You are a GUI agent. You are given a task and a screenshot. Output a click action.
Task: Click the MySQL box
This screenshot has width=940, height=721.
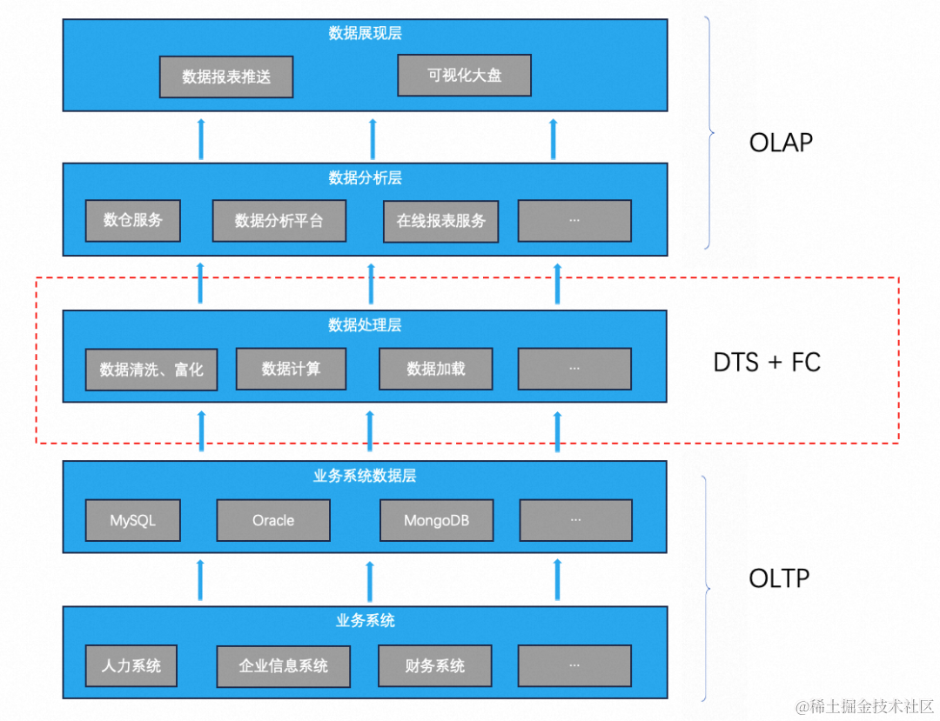pyautogui.click(x=132, y=520)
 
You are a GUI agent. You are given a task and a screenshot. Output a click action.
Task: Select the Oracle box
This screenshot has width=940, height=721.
pyautogui.click(x=273, y=520)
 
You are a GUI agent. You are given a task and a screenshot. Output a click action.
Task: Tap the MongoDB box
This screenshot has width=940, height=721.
pyautogui.click(x=436, y=520)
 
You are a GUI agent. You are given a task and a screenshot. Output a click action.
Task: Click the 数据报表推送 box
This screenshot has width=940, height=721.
pyautogui.click(x=226, y=77)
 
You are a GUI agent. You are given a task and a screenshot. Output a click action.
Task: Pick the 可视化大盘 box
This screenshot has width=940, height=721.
pyautogui.click(x=464, y=75)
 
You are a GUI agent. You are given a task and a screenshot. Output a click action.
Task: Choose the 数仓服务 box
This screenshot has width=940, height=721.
pyautogui.click(x=132, y=220)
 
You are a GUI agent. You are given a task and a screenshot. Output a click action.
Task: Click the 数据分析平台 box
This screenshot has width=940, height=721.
pyautogui.click(x=279, y=221)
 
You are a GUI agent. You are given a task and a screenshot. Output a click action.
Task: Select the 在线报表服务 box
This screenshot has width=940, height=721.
pyautogui.click(x=441, y=221)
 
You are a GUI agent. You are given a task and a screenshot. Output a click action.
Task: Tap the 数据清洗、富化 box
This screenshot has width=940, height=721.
pyautogui.click(x=151, y=370)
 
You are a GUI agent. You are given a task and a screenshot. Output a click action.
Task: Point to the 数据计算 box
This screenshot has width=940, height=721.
pyautogui.click(x=291, y=369)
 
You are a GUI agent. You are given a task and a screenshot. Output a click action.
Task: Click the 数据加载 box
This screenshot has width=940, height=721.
pyautogui.click(x=435, y=369)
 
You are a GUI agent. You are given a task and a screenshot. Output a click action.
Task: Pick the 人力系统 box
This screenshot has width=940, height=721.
pyautogui.click(x=131, y=666)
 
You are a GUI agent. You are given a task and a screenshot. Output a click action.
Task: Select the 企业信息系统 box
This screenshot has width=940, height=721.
pyautogui.click(x=283, y=666)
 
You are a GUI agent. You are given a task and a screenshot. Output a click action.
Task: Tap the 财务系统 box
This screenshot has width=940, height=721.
pyautogui.click(x=434, y=666)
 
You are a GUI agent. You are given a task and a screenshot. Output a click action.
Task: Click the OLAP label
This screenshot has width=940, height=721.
pyautogui.click(x=781, y=143)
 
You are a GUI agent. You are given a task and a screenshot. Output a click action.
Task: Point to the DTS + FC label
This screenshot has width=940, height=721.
pyautogui.click(x=767, y=362)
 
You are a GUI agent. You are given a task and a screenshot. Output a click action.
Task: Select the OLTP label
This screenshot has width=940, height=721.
pyautogui.click(x=779, y=577)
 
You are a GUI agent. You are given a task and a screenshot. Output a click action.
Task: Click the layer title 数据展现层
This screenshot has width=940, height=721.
pyautogui.click(x=365, y=34)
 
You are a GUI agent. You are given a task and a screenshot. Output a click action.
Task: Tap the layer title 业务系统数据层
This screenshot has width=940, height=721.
pyautogui.click(x=365, y=476)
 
